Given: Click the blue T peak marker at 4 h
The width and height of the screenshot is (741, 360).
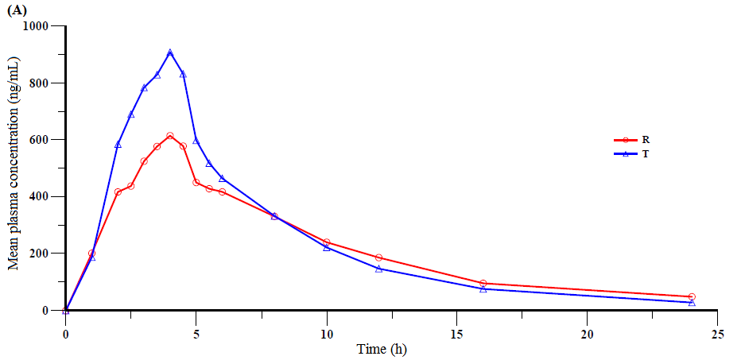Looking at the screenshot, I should coord(170,52).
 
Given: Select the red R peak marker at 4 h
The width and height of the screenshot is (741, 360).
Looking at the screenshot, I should coord(170,136).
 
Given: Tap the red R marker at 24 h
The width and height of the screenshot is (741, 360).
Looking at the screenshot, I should coord(692,296).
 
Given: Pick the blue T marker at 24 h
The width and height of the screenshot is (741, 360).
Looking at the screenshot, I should coord(692,303).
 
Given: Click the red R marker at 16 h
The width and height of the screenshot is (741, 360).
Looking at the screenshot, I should coord(483,283).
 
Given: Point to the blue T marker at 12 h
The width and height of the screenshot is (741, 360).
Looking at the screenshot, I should coord(378,269).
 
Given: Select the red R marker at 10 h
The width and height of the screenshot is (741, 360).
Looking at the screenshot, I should coord(327,242).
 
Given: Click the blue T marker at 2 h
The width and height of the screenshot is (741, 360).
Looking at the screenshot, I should coord(118,145).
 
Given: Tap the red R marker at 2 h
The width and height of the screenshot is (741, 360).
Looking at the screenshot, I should coord(118,192).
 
